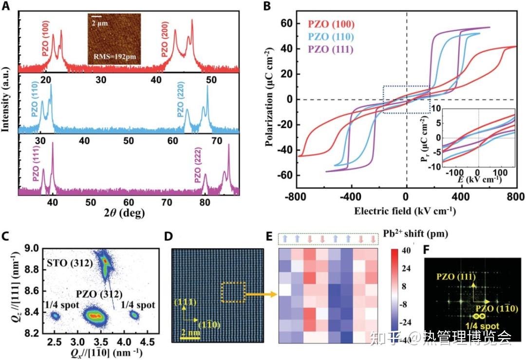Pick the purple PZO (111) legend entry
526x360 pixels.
331,49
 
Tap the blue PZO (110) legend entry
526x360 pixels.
331,37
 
